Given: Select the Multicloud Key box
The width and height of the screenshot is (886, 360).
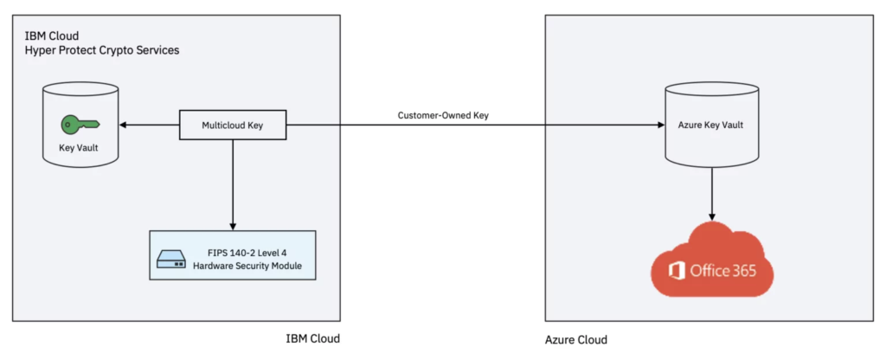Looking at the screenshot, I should pos(233,125).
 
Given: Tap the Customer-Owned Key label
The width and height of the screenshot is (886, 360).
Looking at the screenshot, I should pos(443,115).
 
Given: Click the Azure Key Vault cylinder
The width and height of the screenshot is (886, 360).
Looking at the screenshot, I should pos(712,125).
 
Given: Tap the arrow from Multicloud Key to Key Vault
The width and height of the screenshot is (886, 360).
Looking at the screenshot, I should pos(149,125).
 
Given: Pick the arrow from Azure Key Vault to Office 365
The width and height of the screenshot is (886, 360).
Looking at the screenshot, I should pos(712,193).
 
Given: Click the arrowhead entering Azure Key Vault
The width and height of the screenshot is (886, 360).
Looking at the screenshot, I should pos(658,125).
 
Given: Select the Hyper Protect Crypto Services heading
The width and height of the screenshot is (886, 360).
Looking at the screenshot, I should pos(102,51).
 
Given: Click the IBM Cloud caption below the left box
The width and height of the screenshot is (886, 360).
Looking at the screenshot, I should pos(312,338).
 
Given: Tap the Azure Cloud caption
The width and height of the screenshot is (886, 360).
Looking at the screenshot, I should pos(575,339).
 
